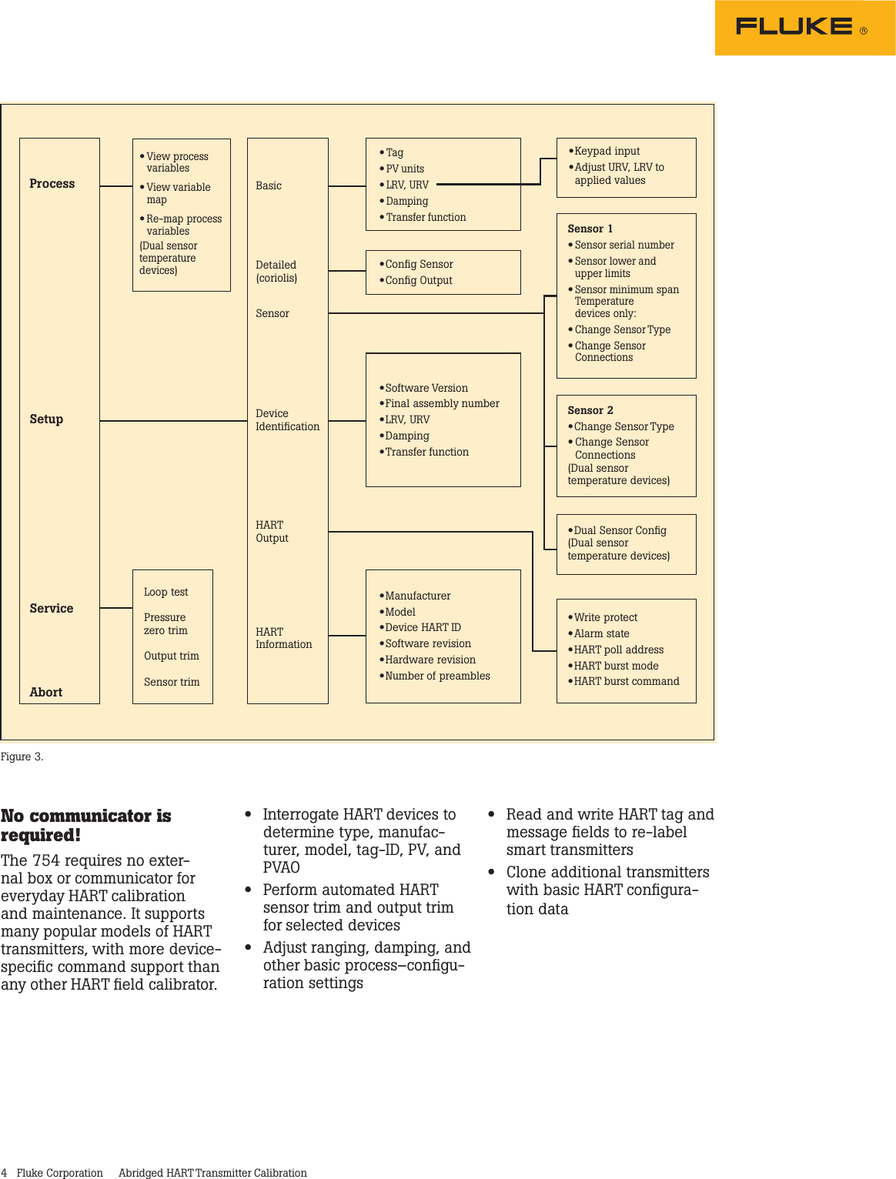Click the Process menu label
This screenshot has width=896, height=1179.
pos(52,184)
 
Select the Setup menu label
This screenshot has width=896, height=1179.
pos(46,419)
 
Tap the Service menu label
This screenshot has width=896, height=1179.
pos(52,609)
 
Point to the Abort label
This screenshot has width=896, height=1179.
pos(46,693)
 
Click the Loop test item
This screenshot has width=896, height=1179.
pos(165,593)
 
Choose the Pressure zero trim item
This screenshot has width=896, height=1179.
pos(165,624)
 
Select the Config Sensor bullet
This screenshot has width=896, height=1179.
pos(419,265)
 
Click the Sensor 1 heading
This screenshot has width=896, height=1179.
pos(590,229)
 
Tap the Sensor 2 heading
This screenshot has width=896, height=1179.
pos(590,411)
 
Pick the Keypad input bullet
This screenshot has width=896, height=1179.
pos(607,152)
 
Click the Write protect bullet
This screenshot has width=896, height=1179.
pos(605,618)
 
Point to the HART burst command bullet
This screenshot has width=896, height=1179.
pos(626,682)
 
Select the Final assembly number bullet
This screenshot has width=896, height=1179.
pos(442,404)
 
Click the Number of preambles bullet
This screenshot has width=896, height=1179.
pos(437,676)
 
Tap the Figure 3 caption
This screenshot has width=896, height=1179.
pos(22,757)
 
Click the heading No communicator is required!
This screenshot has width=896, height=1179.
pos(85,826)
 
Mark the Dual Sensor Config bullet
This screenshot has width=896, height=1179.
pos(620,531)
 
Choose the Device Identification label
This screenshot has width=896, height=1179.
pos(287,420)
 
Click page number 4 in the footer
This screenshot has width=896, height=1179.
pos(5,1173)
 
